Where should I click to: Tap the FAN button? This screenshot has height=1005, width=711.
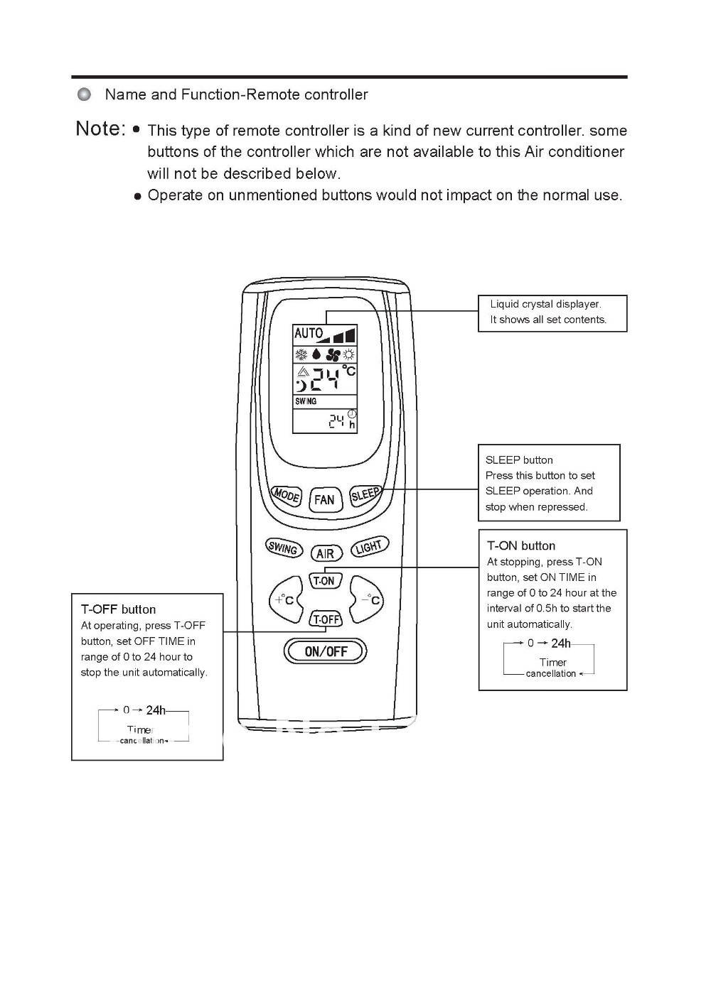324,499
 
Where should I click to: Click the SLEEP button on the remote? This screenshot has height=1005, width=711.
365,494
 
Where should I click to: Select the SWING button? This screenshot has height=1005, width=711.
282,548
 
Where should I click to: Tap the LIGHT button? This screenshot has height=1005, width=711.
369,546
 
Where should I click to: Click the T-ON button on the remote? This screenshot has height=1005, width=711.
324,581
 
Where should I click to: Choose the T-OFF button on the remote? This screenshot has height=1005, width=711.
326,619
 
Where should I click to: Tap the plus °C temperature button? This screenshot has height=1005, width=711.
285,600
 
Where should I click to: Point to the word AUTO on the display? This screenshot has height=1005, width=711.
308,333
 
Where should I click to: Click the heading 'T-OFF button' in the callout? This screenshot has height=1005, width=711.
118,609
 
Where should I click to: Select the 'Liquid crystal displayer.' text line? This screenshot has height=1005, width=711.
545,304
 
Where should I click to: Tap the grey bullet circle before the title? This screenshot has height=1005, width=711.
85,94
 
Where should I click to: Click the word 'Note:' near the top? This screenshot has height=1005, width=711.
100,129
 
